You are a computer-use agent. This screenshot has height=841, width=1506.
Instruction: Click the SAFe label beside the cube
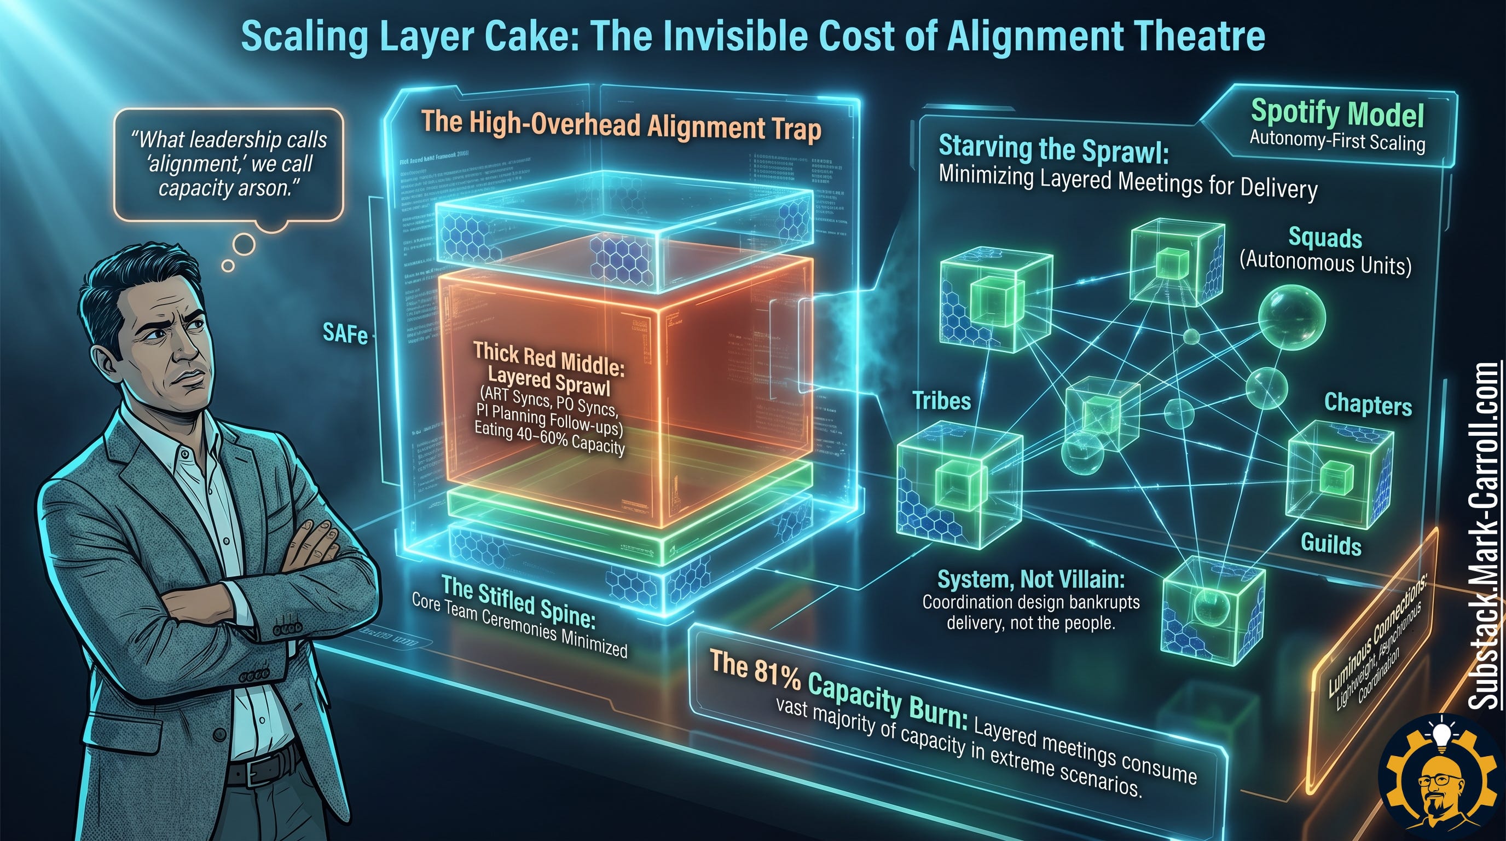click(345, 334)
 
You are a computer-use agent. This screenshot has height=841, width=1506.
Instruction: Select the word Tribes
click(941, 401)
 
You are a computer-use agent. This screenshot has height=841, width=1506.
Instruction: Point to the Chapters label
click(1368, 404)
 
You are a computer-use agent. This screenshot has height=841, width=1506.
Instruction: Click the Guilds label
click(1331, 544)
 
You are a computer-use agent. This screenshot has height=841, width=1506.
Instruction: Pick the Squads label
click(1325, 238)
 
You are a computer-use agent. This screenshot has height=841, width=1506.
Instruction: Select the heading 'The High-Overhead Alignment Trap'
click(621, 125)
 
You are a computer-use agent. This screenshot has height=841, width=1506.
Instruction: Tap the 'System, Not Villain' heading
click(1030, 578)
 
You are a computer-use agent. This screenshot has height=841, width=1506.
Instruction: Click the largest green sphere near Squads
click(1291, 318)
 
